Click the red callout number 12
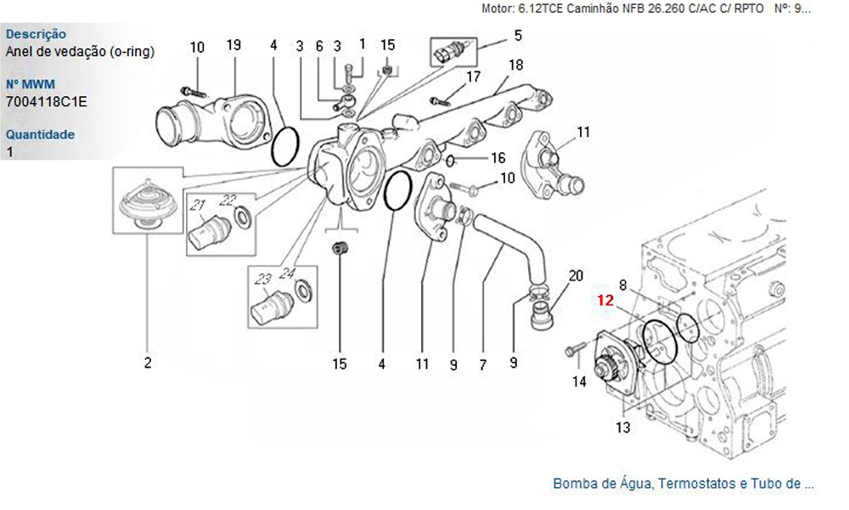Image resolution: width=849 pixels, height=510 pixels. click(x=605, y=300)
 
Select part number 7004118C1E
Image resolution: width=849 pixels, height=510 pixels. click(x=46, y=101)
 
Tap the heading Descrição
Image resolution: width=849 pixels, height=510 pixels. click(x=36, y=34)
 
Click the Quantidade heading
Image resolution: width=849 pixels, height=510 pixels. click(x=40, y=133)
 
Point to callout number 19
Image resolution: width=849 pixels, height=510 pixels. click(x=233, y=45)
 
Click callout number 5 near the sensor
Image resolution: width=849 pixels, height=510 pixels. click(x=518, y=36)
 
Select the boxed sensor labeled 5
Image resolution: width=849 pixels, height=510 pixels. click(x=453, y=52)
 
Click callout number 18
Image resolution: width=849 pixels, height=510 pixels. click(x=516, y=65)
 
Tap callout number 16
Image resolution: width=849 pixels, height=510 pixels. click(x=498, y=158)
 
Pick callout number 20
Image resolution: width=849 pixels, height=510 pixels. click(x=576, y=276)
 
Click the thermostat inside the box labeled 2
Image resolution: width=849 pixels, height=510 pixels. click(x=147, y=205)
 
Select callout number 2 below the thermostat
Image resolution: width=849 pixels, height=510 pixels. click(x=148, y=363)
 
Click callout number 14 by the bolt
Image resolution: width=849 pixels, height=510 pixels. click(x=579, y=382)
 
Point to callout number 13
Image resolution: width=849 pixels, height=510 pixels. click(x=623, y=428)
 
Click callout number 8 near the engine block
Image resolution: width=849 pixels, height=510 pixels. click(x=623, y=285)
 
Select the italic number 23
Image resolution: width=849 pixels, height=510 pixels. click(x=262, y=279)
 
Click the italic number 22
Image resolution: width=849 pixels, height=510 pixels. click(x=228, y=201)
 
